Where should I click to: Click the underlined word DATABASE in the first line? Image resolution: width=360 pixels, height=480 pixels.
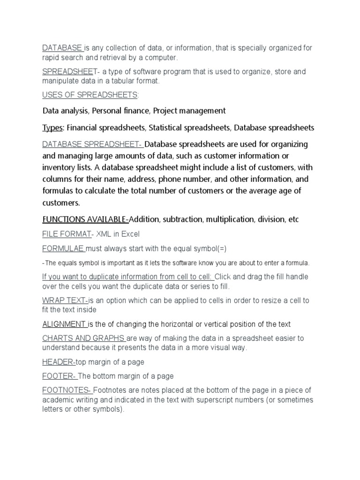pos(62,48)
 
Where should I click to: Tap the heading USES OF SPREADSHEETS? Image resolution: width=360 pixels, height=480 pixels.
pos(90,95)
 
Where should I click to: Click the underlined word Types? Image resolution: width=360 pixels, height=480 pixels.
pos(53,128)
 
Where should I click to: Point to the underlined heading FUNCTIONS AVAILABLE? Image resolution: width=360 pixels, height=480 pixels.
pos(85,219)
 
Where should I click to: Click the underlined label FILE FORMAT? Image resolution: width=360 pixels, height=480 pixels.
pos(66,234)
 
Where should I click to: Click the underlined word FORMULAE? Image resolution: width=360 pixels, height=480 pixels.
pos(62,248)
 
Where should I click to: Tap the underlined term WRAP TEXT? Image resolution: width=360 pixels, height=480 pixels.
pos(65,300)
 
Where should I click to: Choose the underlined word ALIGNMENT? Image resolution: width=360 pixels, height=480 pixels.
pos(64,324)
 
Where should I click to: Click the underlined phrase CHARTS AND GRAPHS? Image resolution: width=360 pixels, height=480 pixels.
pos(83,338)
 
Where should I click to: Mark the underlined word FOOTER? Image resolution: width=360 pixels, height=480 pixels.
pos(59,376)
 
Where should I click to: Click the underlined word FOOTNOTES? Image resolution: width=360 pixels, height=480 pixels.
pos(66,390)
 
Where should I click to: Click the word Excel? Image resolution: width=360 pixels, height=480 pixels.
pos(130,234)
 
